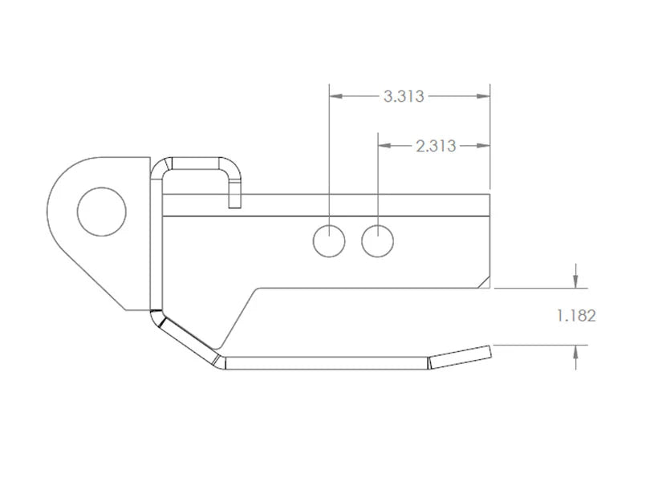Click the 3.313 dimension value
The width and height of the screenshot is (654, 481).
click(x=404, y=97)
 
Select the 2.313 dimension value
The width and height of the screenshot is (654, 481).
click(x=436, y=146)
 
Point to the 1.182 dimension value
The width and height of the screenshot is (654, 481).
click(x=576, y=316)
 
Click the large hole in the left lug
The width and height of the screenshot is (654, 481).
click(x=101, y=212)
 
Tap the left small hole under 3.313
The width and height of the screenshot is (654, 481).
click(x=329, y=240)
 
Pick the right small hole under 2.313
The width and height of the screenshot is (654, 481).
click(x=377, y=240)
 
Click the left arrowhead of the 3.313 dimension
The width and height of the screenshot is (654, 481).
click(x=336, y=96)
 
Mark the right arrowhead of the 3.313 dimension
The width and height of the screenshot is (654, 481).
click(x=483, y=96)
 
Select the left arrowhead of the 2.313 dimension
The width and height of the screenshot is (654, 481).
click(x=384, y=145)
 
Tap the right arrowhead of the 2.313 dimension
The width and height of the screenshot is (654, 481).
click(x=483, y=145)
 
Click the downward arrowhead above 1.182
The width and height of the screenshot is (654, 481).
click(x=575, y=281)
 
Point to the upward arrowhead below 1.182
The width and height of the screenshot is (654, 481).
click(x=575, y=352)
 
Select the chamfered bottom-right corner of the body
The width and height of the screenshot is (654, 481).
click(x=483, y=281)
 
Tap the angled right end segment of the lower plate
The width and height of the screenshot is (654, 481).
click(x=459, y=354)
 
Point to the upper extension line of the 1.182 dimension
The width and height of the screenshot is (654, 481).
click(x=538, y=287)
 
